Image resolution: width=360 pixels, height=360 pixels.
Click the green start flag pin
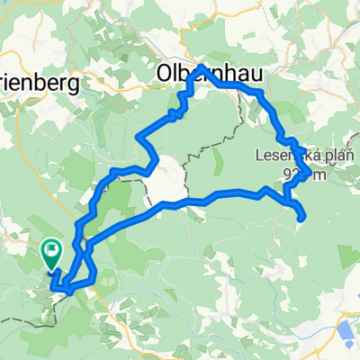[51, 252]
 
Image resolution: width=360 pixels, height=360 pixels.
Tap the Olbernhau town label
[193, 73]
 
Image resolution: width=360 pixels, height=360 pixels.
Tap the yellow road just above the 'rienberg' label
[36, 63]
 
